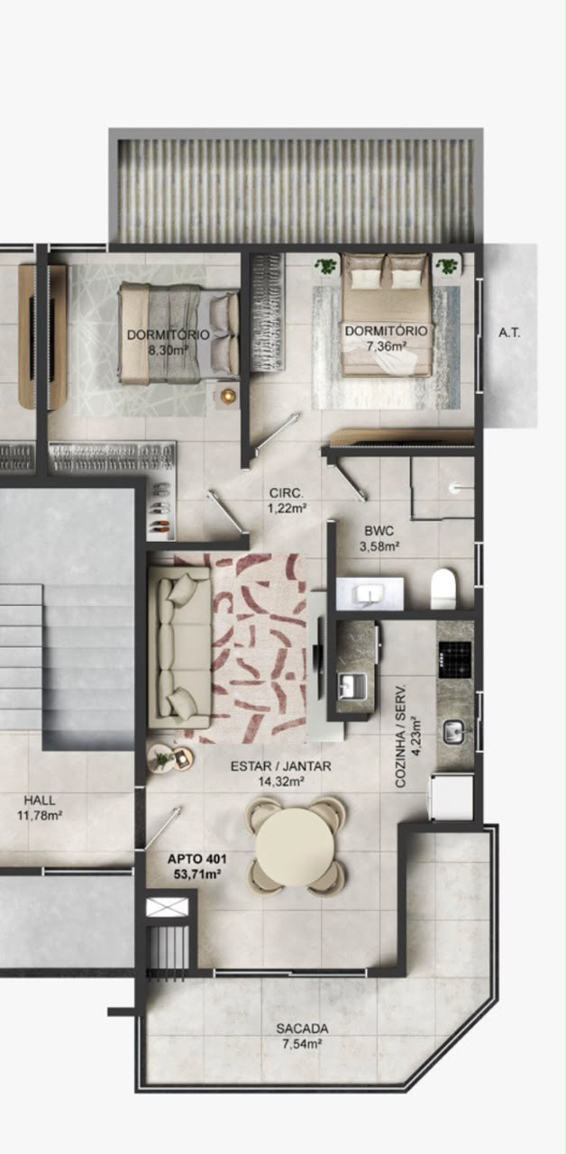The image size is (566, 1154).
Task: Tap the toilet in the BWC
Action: (x=443, y=588)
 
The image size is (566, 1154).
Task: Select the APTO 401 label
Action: (x=196, y=859)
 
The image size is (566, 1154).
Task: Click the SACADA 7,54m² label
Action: (x=302, y=1036)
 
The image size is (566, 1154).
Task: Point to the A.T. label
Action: (x=509, y=334)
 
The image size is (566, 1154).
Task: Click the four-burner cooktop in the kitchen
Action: (x=455, y=659)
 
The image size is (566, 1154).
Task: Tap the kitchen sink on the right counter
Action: (x=454, y=731)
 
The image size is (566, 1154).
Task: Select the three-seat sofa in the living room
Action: (x=179, y=647)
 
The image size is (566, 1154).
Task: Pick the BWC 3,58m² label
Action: (x=379, y=538)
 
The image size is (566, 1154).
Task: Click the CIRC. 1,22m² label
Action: (x=287, y=500)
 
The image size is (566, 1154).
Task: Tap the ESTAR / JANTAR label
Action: (x=280, y=766)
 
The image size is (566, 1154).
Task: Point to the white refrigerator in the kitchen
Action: (x=452, y=797)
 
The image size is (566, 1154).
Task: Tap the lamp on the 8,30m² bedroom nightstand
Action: (x=227, y=396)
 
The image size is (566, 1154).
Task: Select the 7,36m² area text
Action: (x=386, y=345)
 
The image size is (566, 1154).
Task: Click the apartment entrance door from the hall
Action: (x=163, y=829)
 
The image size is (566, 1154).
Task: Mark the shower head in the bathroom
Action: (x=453, y=487)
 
